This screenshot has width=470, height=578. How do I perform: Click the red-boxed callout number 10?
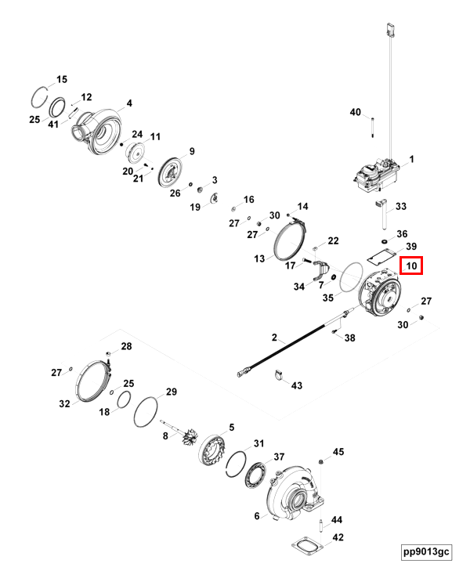tap(411, 266)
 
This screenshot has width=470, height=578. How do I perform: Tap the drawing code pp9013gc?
tap(426, 551)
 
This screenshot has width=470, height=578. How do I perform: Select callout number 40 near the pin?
tap(356, 113)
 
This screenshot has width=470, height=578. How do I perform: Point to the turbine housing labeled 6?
tap(295, 493)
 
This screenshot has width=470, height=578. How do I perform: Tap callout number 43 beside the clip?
tap(296, 385)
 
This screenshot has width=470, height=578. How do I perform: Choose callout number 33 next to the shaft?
tap(401, 207)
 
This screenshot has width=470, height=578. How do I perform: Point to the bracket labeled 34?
tap(318, 274)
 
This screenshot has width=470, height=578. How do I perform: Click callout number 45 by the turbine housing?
tap(338, 452)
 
